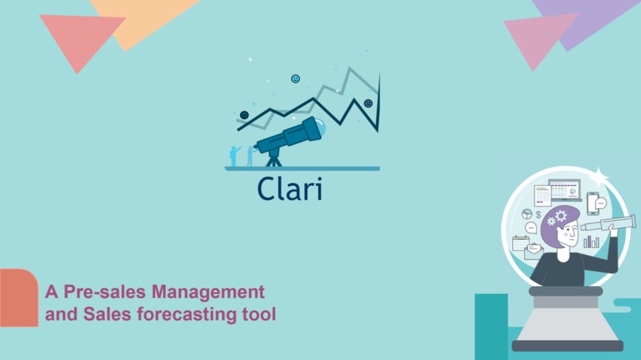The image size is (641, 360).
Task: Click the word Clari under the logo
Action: click(x=289, y=188)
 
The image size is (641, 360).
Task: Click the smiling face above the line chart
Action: click(x=296, y=79)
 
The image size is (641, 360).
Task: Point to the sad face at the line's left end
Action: click(x=244, y=115)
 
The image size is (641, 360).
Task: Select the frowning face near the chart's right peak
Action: click(x=368, y=103)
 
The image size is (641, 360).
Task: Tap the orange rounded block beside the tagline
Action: click(x=18, y=298)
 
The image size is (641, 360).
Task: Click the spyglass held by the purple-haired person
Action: click(x=608, y=223)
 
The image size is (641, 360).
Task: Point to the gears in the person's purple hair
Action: click(x=557, y=217)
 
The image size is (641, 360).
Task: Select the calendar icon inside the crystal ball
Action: click(x=521, y=243)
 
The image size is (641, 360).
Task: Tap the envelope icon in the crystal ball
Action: click(x=533, y=253)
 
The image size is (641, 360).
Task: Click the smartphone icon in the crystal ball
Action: click(x=592, y=203)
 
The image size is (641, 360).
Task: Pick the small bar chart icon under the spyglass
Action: click(x=592, y=241)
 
